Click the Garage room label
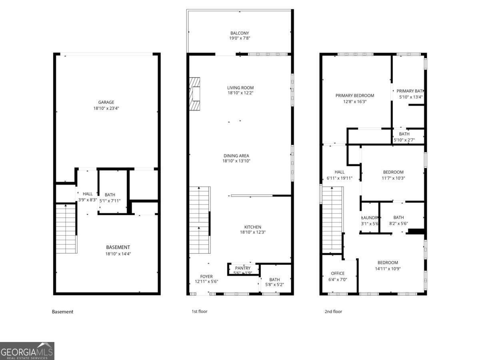pyautogui.click(x=106, y=102)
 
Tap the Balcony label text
pyautogui.click(x=240, y=33)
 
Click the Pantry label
pyautogui.click(x=243, y=268)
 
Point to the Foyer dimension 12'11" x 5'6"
pyautogui.click(x=206, y=281)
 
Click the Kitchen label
pyautogui.click(x=253, y=227)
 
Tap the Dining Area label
pyautogui.click(x=239, y=156)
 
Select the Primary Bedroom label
pyautogui.click(x=354, y=96)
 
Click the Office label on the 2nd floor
pyautogui.click(x=338, y=274)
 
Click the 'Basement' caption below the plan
pyautogui.click(x=63, y=312)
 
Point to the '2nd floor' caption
pyautogui.click(x=333, y=311)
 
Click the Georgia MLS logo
pyautogui.click(x=27, y=351)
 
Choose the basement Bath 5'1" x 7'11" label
pyautogui.click(x=110, y=195)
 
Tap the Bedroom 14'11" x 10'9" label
pyautogui.click(x=387, y=263)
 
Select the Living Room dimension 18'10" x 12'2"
pyautogui.click(x=240, y=93)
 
